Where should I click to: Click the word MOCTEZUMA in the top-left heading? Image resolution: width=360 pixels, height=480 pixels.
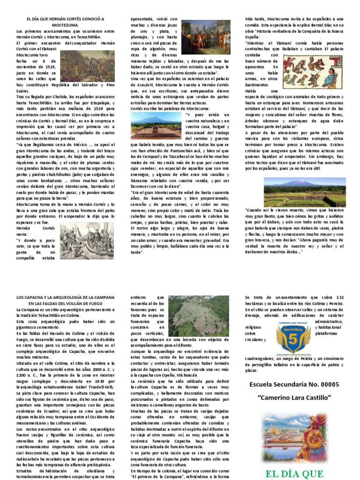[65, 24]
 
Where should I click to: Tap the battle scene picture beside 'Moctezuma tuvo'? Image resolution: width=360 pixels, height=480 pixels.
[88, 66]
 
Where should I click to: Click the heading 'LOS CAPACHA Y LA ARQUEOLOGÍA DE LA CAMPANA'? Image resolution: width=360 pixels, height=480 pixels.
[65, 297]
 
